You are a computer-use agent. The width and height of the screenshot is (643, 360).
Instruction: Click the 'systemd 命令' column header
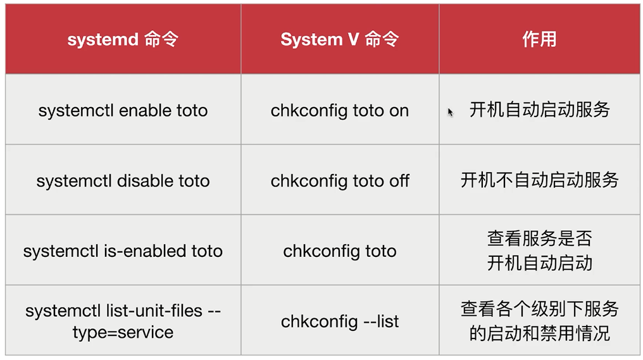(x=123, y=39)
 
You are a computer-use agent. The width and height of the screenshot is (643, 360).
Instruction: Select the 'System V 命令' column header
(x=340, y=39)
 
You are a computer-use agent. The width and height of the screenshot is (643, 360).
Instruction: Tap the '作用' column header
(x=539, y=39)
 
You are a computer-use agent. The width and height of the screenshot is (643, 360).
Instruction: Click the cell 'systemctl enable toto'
(x=123, y=111)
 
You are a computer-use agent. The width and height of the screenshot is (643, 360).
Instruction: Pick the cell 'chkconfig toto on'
(x=340, y=111)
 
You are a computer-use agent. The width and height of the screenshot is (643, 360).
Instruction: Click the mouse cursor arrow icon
(x=450, y=112)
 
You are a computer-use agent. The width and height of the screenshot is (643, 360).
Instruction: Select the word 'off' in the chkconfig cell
(x=399, y=181)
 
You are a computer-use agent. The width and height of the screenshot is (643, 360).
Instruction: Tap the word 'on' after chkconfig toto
(x=399, y=111)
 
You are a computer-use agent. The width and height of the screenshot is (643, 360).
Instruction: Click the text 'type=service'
(x=123, y=333)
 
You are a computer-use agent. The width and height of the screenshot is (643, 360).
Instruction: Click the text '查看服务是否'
(x=540, y=239)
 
